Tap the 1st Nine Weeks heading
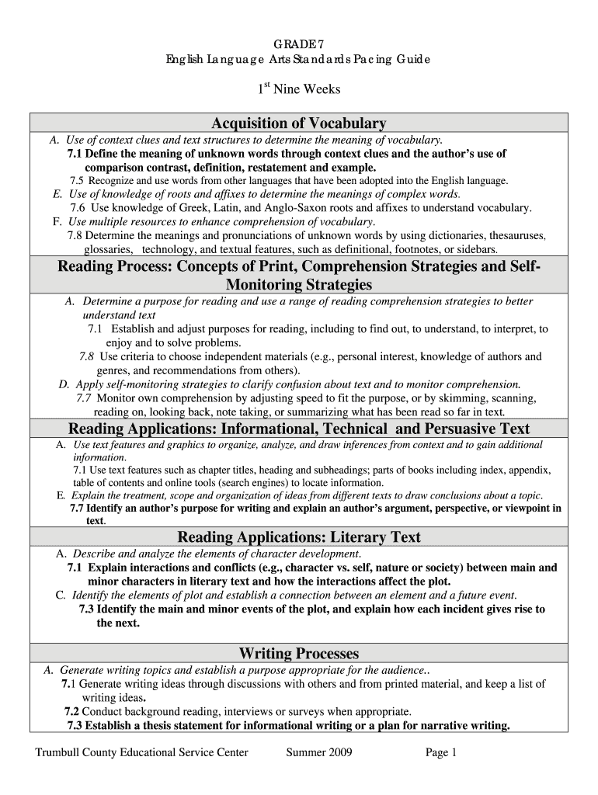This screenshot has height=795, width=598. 299,89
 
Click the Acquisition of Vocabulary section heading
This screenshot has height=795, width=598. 299,123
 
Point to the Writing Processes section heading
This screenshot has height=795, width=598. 299,653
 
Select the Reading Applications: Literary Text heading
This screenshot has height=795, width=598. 299,537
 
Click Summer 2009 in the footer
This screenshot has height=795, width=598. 319,752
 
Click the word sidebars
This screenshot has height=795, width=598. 474,250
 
